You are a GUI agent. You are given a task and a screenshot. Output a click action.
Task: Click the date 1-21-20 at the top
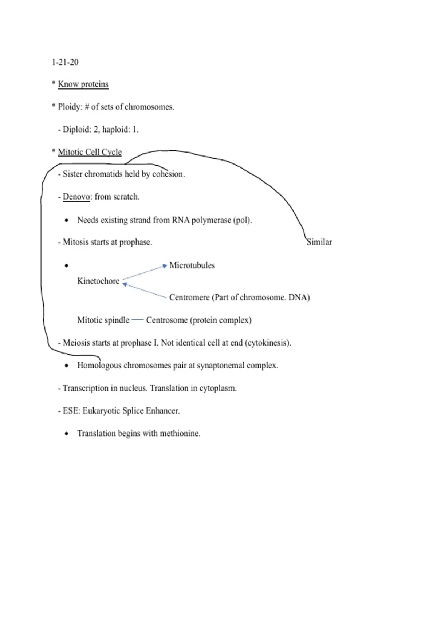(65, 62)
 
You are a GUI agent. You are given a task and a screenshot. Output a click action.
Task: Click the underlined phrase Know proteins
(83, 84)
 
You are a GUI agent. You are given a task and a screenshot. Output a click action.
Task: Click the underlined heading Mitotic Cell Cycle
(90, 152)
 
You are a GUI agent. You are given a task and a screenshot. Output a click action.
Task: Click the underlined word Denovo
(76, 197)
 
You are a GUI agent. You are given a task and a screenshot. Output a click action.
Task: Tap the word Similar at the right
(319, 242)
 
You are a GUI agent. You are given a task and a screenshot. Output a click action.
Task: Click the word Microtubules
(192, 265)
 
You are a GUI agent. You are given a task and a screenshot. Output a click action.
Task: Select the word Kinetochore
(98, 281)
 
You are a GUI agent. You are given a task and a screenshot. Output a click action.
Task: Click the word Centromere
(189, 297)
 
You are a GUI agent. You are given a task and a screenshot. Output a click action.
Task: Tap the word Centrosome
(166, 320)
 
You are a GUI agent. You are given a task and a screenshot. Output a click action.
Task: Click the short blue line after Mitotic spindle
(138, 320)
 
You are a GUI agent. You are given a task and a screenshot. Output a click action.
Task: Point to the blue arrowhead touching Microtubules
(165, 266)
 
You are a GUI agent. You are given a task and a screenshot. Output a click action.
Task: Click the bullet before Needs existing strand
(66, 220)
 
